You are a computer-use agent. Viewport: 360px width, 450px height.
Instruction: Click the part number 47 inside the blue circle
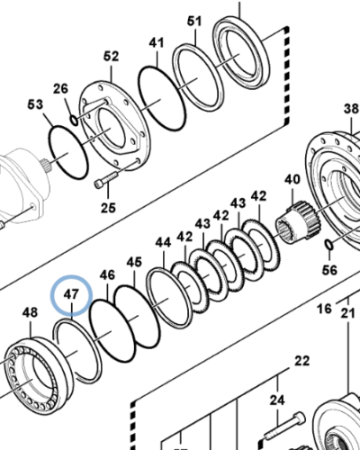tap(71, 294)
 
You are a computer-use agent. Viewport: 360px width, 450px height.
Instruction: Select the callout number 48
tap(30, 312)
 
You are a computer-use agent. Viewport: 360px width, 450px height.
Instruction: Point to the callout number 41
tap(157, 42)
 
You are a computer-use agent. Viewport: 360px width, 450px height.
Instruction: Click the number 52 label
tap(111, 56)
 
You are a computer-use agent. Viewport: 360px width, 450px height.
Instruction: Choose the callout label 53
tap(35, 105)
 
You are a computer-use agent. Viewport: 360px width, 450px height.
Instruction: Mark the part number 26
tap(60, 87)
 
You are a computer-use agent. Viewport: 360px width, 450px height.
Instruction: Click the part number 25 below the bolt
tap(108, 209)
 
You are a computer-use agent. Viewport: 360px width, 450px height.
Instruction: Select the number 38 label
tap(351, 109)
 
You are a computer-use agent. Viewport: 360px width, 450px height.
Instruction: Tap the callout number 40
tap(291, 179)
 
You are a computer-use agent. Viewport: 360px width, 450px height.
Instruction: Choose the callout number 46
tap(107, 274)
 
